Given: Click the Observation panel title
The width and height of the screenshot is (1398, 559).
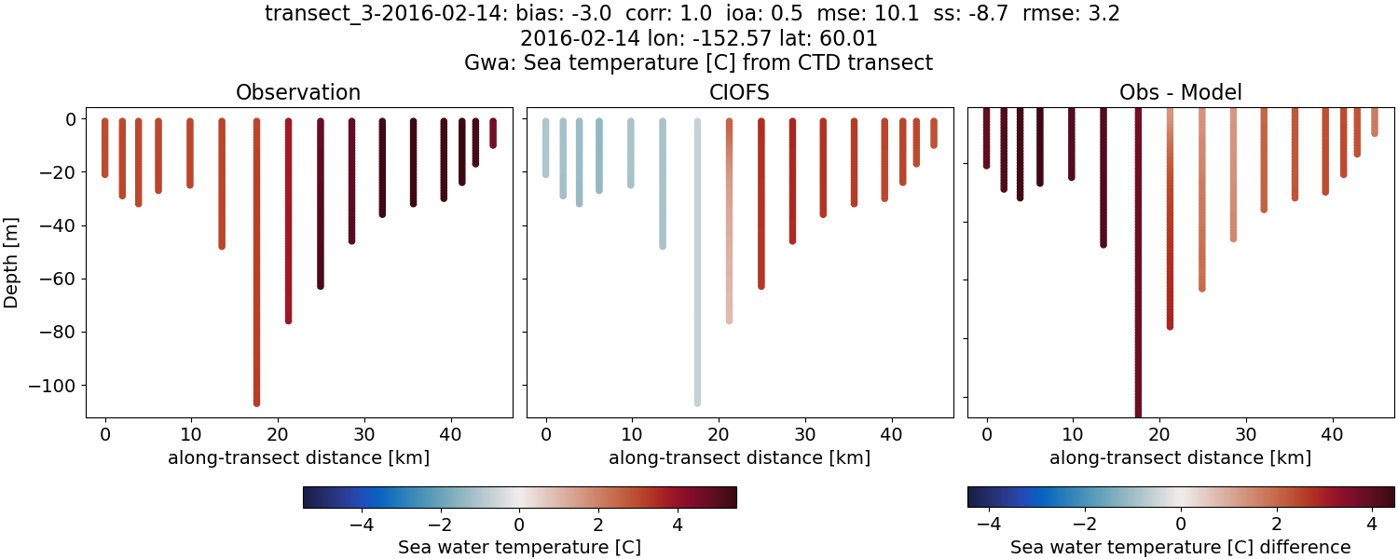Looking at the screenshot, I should tap(298, 92).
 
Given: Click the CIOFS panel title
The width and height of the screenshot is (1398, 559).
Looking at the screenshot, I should tap(739, 92).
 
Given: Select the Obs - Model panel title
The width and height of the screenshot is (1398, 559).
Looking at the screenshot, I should tap(1180, 92).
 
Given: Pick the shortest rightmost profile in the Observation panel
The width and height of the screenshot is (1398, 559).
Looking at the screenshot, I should tap(493, 132).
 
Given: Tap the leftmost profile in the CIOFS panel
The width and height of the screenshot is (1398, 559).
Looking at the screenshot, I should tap(546, 147).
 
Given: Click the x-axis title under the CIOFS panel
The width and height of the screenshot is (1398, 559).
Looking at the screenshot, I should tap(739, 458).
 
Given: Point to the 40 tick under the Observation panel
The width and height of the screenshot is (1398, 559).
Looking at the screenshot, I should tap(451, 434).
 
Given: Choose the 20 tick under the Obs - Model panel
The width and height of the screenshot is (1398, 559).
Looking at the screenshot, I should tap(1159, 434).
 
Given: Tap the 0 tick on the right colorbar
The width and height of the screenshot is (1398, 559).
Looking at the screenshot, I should tap(1181, 524).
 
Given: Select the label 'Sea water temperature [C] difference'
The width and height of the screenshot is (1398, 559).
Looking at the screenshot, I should tap(1180, 547).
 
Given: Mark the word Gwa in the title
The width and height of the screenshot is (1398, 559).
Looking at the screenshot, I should tap(485, 63).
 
